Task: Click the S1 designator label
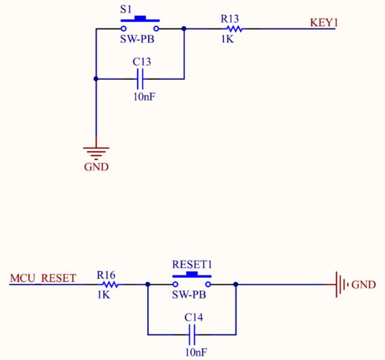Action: click(126, 10)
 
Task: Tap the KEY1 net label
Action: click(324, 22)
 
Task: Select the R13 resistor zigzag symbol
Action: click(235, 29)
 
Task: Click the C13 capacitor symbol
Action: click(140, 79)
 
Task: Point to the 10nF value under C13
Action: click(144, 97)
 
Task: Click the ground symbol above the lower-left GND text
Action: click(96, 152)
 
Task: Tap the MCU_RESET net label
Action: click(43, 278)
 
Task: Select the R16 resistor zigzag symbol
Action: click(110, 284)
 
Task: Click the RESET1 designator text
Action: click(192, 265)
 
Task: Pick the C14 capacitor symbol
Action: click(192, 335)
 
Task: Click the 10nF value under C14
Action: click(196, 352)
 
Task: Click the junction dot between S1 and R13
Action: click(184, 29)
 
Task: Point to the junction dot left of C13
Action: click(96, 79)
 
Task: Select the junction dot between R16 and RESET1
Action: click(148, 284)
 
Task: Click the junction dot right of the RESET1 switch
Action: click(236, 284)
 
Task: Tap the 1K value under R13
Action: click(227, 39)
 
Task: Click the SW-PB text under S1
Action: click(137, 39)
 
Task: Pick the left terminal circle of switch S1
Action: click(124, 29)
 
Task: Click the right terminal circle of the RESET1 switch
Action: click(208, 284)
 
